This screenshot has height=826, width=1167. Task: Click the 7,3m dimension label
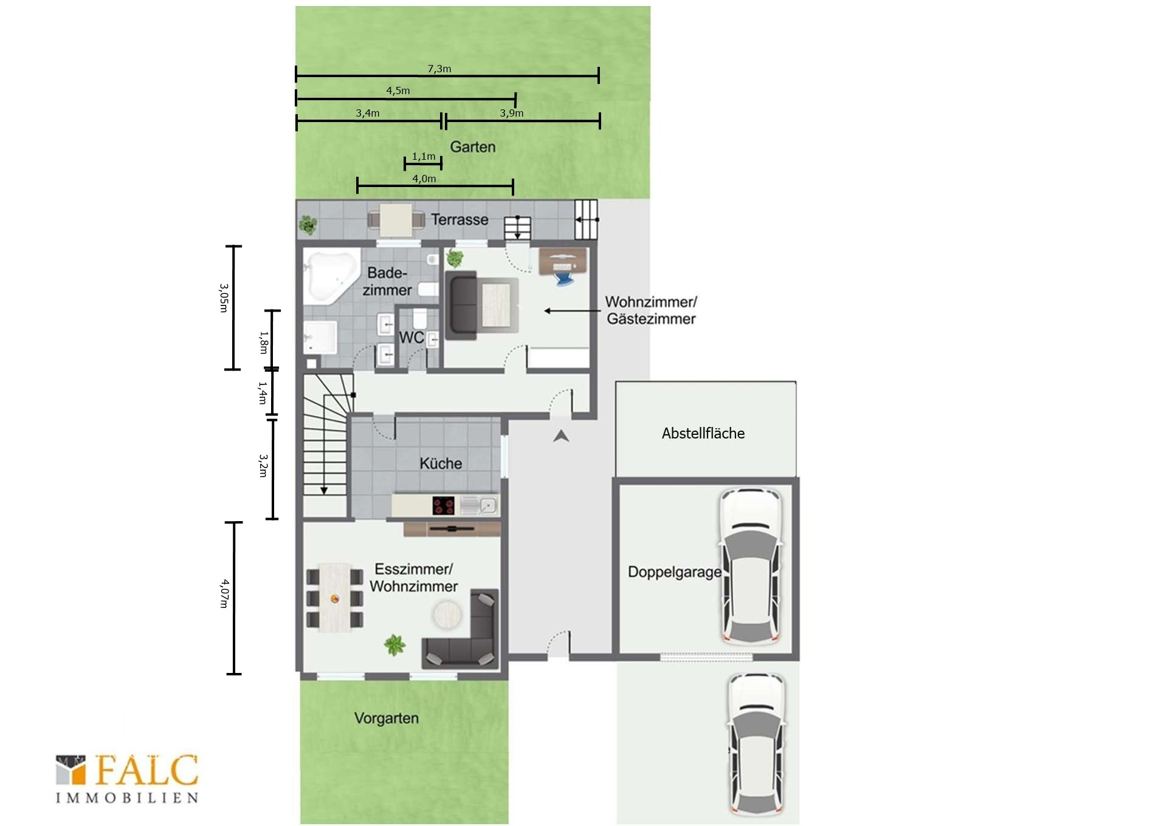click(x=439, y=69)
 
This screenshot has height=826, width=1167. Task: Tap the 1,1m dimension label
click(x=424, y=156)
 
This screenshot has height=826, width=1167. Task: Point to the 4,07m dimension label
click(x=224, y=593)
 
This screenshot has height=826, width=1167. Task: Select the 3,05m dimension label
click(x=224, y=298)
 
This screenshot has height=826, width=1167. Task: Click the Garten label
click(x=473, y=147)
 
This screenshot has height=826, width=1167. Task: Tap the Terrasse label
click(x=460, y=219)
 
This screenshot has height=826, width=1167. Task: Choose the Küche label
click(x=441, y=463)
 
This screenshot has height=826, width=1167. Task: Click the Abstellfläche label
click(x=703, y=433)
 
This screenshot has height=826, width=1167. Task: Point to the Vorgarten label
click(x=387, y=718)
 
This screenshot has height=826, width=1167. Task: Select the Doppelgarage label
click(x=675, y=572)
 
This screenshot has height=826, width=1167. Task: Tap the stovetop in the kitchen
click(x=444, y=505)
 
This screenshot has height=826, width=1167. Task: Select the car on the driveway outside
click(x=756, y=744)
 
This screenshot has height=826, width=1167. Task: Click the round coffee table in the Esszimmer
click(x=447, y=615)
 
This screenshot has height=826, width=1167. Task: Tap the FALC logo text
click(x=146, y=771)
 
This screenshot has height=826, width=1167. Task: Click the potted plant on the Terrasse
click(x=308, y=225)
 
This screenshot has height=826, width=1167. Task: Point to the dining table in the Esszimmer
click(x=335, y=598)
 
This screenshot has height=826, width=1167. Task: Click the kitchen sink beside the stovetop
click(x=480, y=505)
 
